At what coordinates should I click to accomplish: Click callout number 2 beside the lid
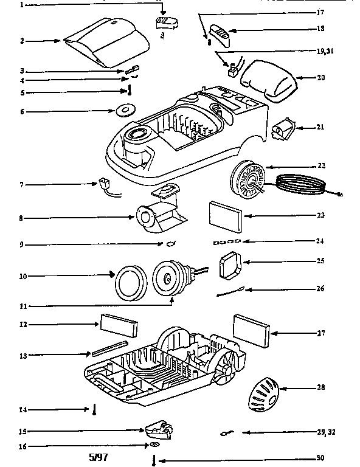point(21,41)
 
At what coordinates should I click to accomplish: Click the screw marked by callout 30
point(154,460)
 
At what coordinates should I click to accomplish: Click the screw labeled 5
point(130,91)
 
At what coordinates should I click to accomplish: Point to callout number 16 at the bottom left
point(22,446)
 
